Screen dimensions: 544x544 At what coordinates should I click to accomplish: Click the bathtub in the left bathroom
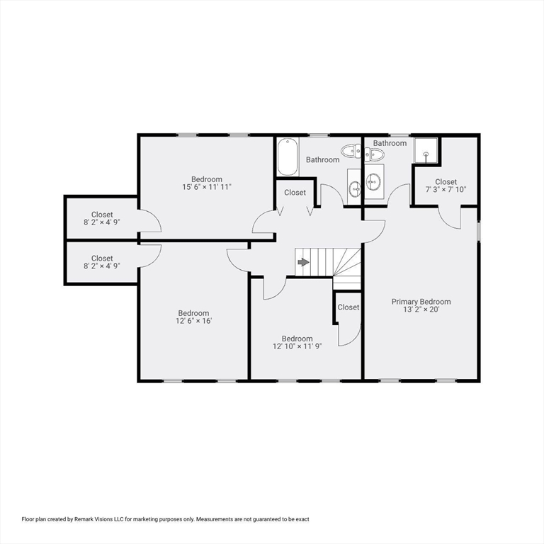(x=287, y=157)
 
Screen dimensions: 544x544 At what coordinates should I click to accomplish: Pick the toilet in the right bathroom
(x=374, y=154)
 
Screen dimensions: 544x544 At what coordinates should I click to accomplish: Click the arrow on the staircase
(x=303, y=262)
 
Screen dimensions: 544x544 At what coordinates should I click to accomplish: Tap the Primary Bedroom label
(x=421, y=302)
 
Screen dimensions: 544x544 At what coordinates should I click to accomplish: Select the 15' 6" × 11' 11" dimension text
(x=207, y=188)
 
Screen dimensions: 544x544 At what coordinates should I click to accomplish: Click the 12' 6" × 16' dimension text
(x=193, y=321)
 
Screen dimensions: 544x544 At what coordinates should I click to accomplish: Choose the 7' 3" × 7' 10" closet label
(x=446, y=190)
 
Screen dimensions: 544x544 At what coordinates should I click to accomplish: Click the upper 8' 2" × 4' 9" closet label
(x=102, y=223)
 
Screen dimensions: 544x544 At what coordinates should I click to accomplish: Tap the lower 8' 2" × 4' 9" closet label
(x=102, y=267)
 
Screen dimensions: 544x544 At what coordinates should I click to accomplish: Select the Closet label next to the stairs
(x=348, y=307)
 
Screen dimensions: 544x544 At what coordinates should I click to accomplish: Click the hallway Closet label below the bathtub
(x=295, y=193)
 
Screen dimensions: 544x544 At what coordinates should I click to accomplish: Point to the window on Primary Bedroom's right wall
(x=479, y=231)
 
